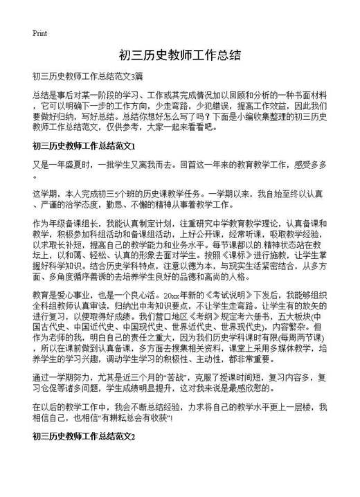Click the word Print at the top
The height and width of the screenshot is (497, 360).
coord(39,33)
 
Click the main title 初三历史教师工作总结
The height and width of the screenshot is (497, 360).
coord(179,55)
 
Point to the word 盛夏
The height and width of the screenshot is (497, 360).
coord(78,166)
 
